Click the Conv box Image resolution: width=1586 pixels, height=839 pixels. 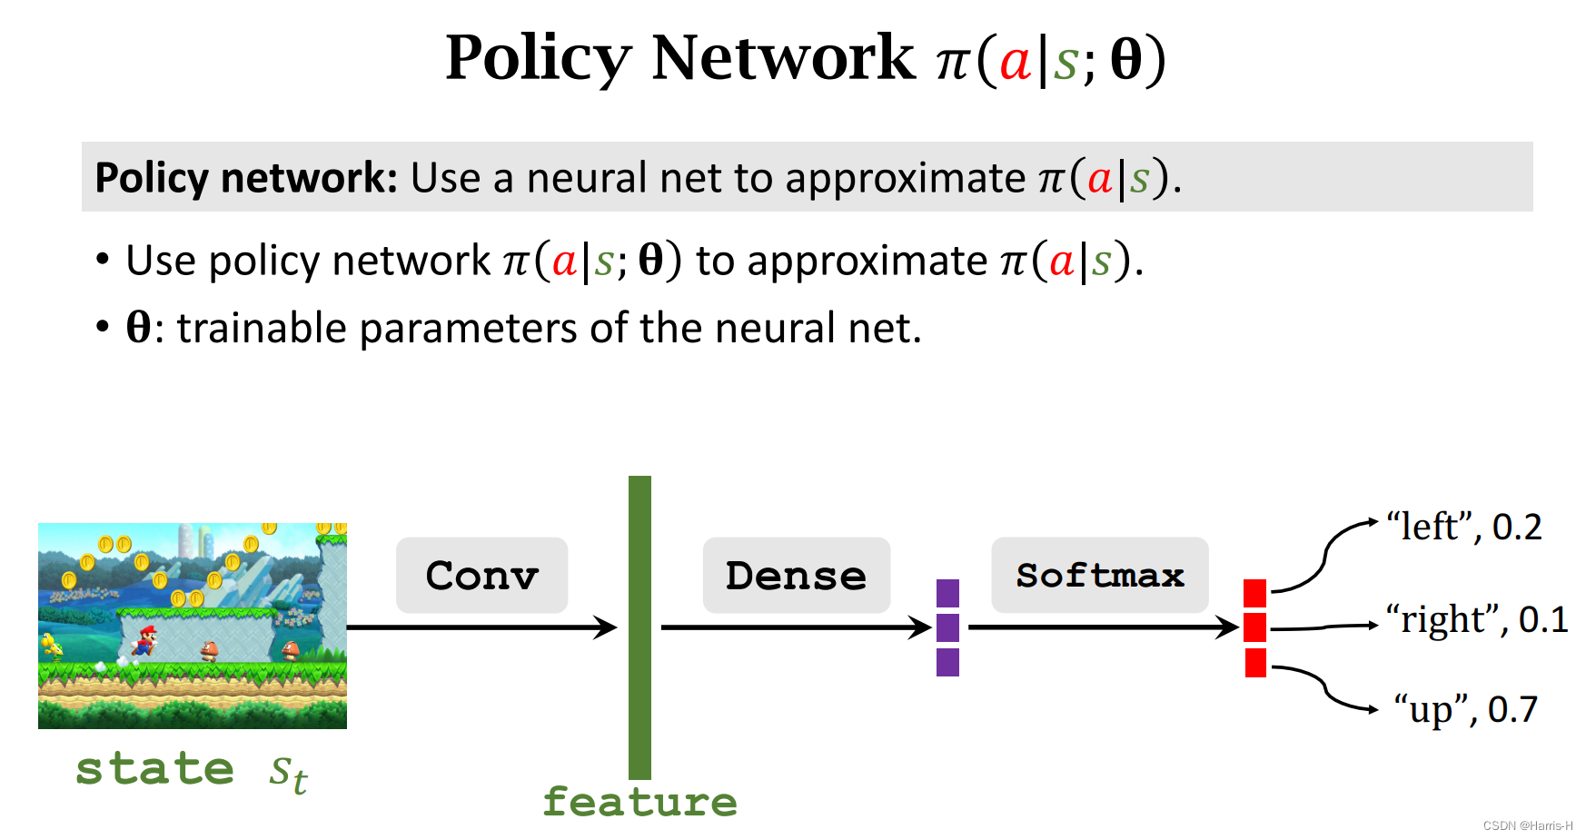(481, 575)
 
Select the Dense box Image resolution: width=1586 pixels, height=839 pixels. (796, 575)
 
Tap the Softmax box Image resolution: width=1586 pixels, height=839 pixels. (1099, 575)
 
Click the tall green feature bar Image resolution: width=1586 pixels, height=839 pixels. (639, 627)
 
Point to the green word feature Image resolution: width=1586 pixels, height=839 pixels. (639, 802)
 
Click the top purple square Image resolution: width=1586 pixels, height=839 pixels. (947, 593)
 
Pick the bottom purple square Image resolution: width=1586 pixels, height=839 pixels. (947, 662)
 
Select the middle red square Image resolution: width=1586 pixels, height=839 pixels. (1254, 627)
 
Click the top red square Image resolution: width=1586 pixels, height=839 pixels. (1254, 593)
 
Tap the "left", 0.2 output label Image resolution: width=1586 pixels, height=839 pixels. (1463, 527)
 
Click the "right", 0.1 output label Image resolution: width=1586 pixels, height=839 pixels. (1476, 619)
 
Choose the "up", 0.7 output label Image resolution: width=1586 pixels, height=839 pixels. (1465, 709)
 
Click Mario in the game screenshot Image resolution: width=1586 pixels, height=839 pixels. (144, 640)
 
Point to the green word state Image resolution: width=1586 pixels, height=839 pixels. (154, 769)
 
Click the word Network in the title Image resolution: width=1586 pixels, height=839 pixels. (783, 58)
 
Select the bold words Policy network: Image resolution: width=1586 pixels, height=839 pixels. (245, 178)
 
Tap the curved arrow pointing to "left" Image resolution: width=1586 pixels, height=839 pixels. (1326, 554)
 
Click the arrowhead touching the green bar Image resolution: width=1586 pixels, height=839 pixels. (606, 627)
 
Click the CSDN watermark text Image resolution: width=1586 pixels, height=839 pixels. (1527, 825)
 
